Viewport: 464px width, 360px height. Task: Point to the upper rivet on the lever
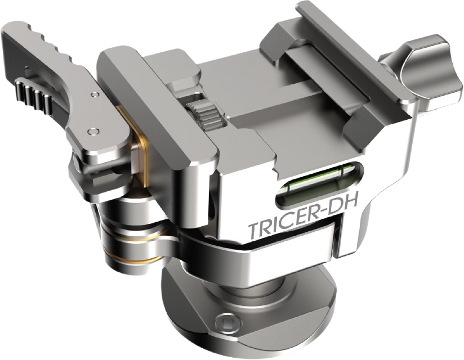[x=94, y=94]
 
